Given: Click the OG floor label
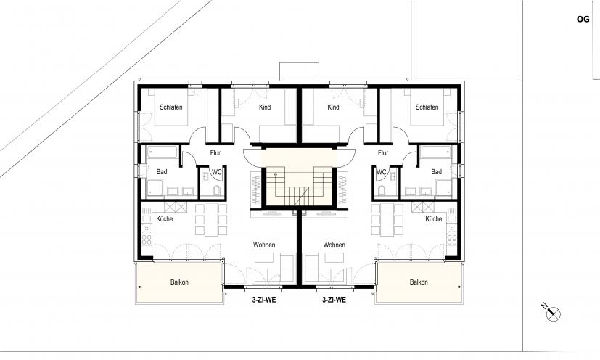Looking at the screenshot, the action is (x=583, y=19).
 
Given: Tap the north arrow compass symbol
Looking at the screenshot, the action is (x=553, y=313).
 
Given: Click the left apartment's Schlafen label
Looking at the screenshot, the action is (x=171, y=107).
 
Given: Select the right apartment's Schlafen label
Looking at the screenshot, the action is (x=427, y=107).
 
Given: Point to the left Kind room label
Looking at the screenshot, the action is (x=265, y=107).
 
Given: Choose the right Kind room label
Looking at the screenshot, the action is (x=333, y=107).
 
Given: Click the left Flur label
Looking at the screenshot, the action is (x=215, y=153).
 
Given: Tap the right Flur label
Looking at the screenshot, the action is (x=383, y=153).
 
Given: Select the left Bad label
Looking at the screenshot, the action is (x=162, y=172).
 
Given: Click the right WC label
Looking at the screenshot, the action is (x=382, y=172).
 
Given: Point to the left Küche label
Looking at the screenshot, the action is (x=165, y=218).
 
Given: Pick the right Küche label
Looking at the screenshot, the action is (x=434, y=218).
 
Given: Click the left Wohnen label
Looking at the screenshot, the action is (x=264, y=245).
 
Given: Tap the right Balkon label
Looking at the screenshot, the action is (x=419, y=282).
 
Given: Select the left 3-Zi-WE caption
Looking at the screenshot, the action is (x=263, y=300).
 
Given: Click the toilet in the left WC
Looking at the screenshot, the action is (x=217, y=191).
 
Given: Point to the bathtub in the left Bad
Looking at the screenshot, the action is (x=163, y=152).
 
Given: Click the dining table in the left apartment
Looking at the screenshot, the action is (x=211, y=219).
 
